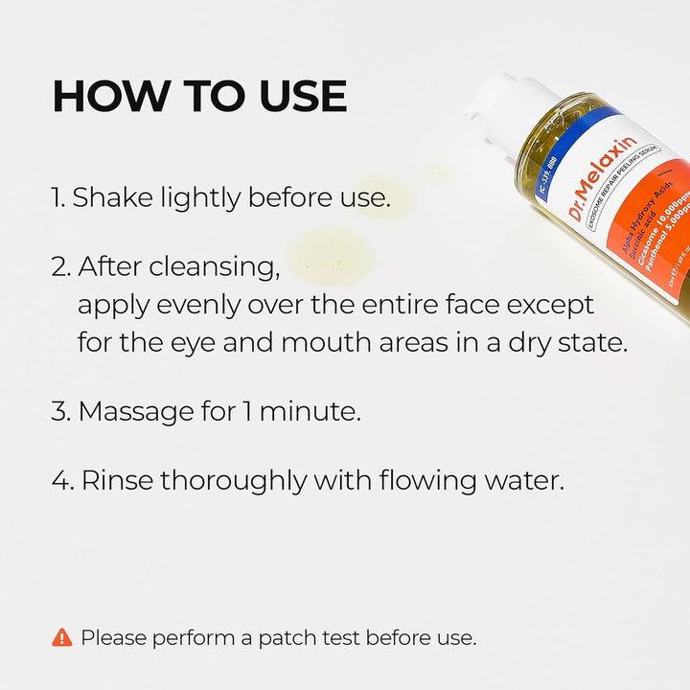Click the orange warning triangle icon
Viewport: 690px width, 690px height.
[62, 637]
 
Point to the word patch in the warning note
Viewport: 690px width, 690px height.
[284, 637]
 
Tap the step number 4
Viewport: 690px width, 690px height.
[62, 480]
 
